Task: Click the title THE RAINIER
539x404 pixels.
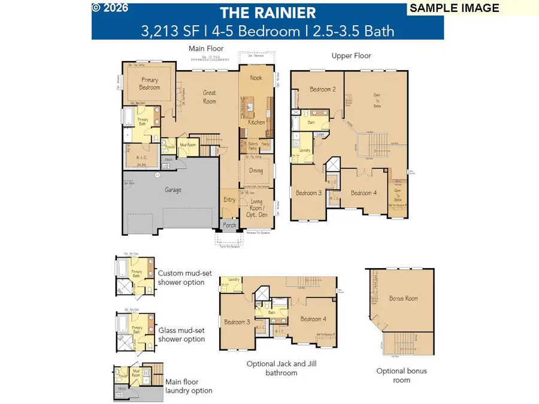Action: (268, 13)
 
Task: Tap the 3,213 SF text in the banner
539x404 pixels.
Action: (163, 30)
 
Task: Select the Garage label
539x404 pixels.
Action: (173, 190)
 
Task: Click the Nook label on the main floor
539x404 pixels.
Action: (256, 78)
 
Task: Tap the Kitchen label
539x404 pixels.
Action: (256, 122)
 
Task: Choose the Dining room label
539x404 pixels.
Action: (256, 171)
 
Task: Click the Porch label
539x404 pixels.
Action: (229, 226)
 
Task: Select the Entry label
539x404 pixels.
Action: (229, 200)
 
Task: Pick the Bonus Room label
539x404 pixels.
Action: (403, 298)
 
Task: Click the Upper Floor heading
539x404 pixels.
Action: (352, 56)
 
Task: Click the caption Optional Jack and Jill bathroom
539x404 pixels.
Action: (272, 368)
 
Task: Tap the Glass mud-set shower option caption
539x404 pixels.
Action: (181, 335)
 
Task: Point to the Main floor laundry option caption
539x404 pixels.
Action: (189, 386)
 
